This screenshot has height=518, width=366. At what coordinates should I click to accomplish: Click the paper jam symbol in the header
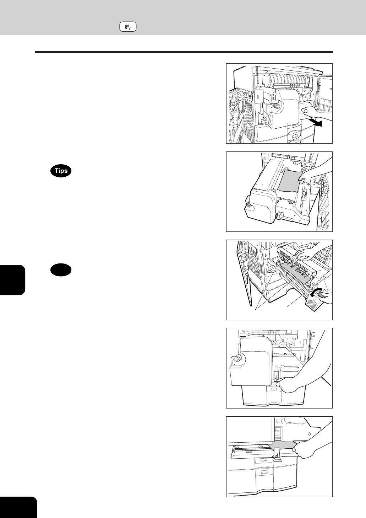(x=128, y=27)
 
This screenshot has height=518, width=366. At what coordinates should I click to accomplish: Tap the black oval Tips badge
(x=61, y=171)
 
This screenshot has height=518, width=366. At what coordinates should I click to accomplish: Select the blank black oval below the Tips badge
(x=61, y=270)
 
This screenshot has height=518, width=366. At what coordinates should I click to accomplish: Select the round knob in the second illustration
(x=249, y=205)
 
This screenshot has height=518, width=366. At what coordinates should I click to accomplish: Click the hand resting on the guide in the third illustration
(x=305, y=254)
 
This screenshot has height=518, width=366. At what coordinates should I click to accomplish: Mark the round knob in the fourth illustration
(x=237, y=359)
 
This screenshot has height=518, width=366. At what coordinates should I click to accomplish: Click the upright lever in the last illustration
(x=277, y=453)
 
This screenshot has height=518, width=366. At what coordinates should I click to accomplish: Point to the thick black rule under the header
(x=184, y=52)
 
